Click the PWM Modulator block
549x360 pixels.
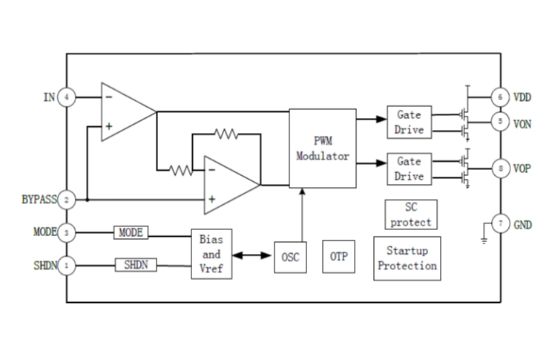322,148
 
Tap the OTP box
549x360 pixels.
338,257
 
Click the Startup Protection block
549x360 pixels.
407,258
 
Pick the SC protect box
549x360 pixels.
411,215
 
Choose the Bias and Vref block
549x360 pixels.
211,254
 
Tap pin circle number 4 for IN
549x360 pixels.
68,97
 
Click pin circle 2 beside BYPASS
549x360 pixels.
68,200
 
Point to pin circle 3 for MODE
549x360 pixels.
68,232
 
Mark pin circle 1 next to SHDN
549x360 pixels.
68,264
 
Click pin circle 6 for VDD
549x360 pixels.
500,97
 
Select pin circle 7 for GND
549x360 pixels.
500,223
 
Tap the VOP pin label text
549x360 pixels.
523,168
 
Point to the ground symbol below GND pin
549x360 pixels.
484,239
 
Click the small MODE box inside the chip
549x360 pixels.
131,232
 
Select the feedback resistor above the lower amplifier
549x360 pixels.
226,134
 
